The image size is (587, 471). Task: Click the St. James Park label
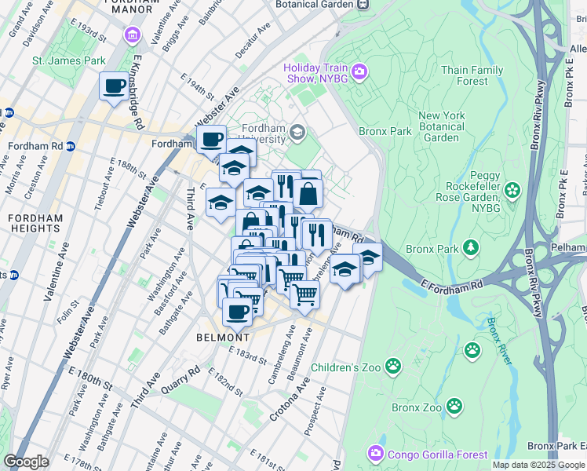pyautogui.click(x=68, y=60)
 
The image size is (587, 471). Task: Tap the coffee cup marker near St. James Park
pyautogui.click(x=114, y=86)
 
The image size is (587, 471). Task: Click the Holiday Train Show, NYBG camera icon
pyautogui.click(x=359, y=74)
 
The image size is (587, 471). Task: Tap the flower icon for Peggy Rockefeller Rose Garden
pyautogui.click(x=513, y=189)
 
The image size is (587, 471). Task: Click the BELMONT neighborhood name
pyautogui.click(x=223, y=338)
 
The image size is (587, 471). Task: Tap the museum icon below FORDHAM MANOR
pyautogui.click(x=132, y=35)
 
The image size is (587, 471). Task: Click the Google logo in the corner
pyautogui.click(x=26, y=462)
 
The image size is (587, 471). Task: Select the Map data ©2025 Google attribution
pyautogui.click(x=538, y=465)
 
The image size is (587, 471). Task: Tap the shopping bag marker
pyautogui.click(x=308, y=194)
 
